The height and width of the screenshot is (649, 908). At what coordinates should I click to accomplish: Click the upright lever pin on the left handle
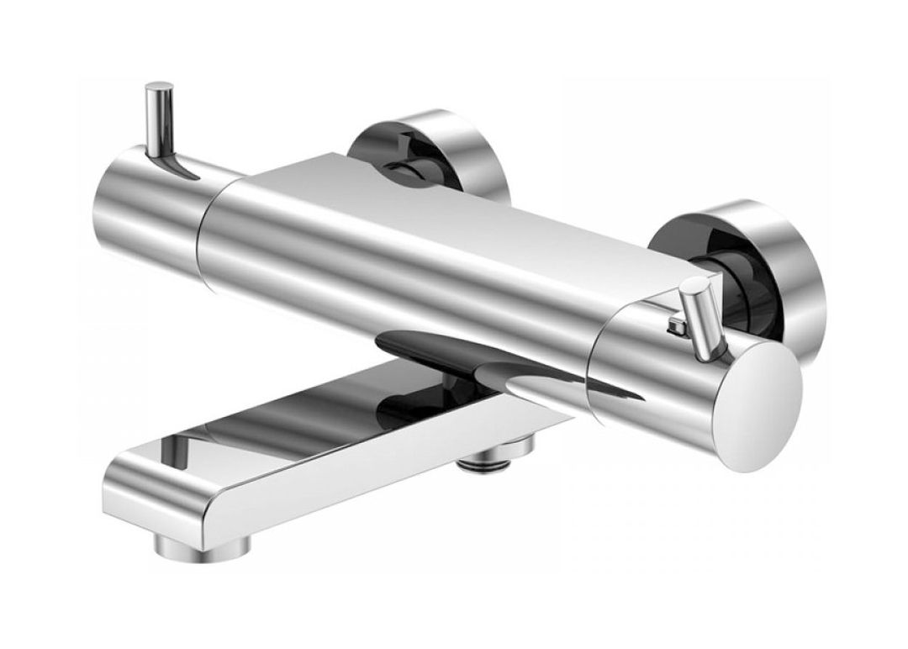[159, 118]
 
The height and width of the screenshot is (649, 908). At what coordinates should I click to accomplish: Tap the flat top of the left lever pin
[159, 87]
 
